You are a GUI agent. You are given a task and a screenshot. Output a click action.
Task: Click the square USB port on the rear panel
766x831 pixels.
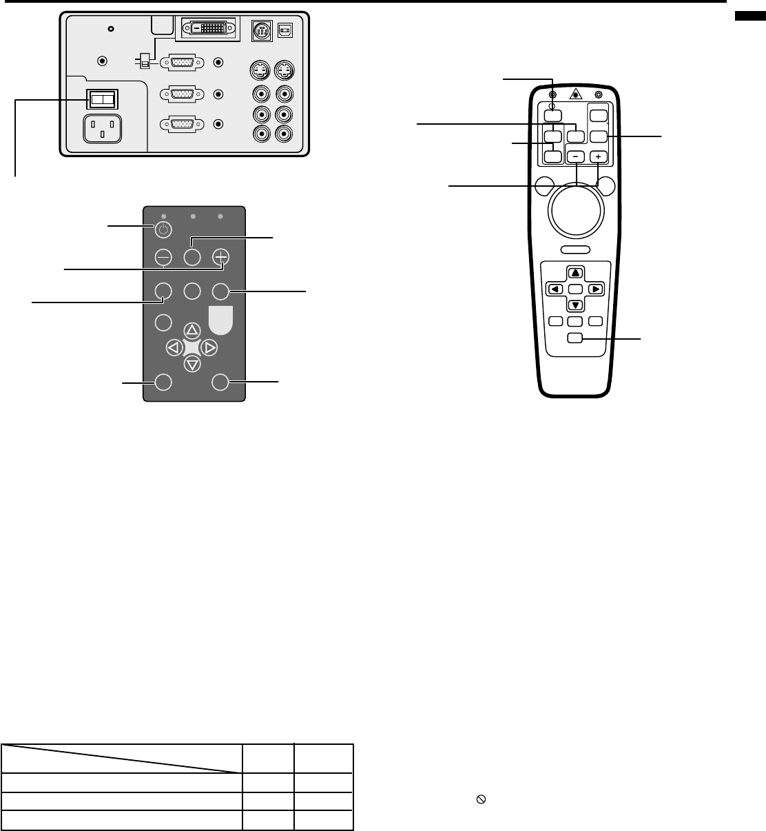pyautogui.click(x=284, y=30)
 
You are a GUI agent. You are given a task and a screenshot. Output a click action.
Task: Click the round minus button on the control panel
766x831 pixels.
pyautogui.click(x=163, y=257)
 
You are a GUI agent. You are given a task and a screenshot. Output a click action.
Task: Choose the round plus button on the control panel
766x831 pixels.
pyautogui.click(x=220, y=257)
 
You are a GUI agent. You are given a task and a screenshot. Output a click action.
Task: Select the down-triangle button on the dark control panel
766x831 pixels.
pyautogui.click(x=192, y=365)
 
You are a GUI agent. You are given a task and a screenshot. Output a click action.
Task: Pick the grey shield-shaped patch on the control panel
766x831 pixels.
pyautogui.click(x=220, y=318)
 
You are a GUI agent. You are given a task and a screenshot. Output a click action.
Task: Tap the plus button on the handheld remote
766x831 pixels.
pyautogui.click(x=597, y=157)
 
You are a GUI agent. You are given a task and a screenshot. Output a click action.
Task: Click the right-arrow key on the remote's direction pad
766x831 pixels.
pyautogui.click(x=594, y=289)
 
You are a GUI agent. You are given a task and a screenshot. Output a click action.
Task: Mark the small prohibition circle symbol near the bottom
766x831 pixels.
pyautogui.click(x=482, y=800)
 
